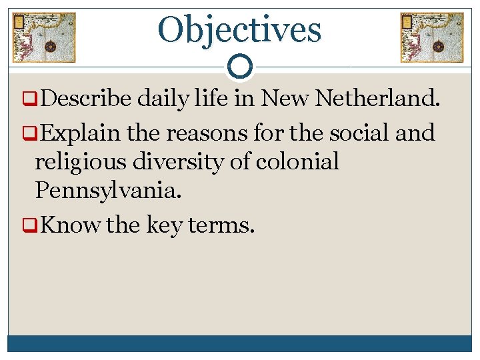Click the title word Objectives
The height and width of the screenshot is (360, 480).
(239, 29)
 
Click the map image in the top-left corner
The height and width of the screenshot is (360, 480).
(44, 37)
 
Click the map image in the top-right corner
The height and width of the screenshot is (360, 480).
(431, 37)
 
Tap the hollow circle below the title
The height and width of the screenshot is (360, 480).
(240, 67)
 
